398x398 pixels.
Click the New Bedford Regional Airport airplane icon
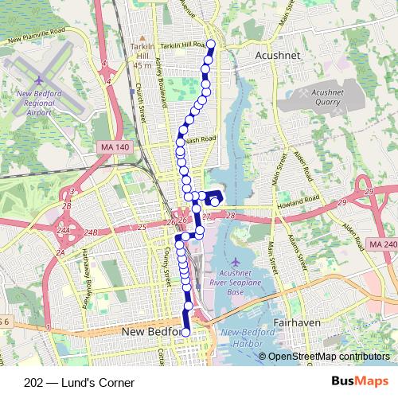40,80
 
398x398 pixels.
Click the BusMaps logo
360,381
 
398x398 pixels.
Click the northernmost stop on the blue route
211,45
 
